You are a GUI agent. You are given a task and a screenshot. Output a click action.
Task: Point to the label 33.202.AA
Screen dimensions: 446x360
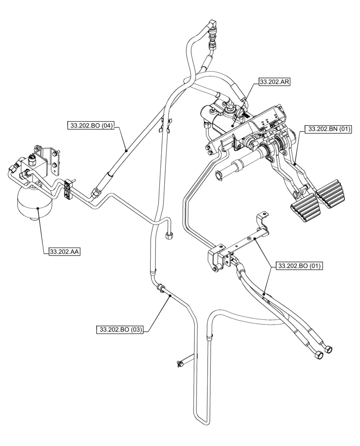pos(64,252)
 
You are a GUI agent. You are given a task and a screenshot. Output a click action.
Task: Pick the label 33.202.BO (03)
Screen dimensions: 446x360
pos(120,330)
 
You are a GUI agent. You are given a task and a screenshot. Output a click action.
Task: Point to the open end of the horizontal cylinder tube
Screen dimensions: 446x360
pos(219,175)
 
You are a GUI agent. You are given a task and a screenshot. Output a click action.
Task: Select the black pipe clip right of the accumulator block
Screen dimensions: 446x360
pos(69,189)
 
